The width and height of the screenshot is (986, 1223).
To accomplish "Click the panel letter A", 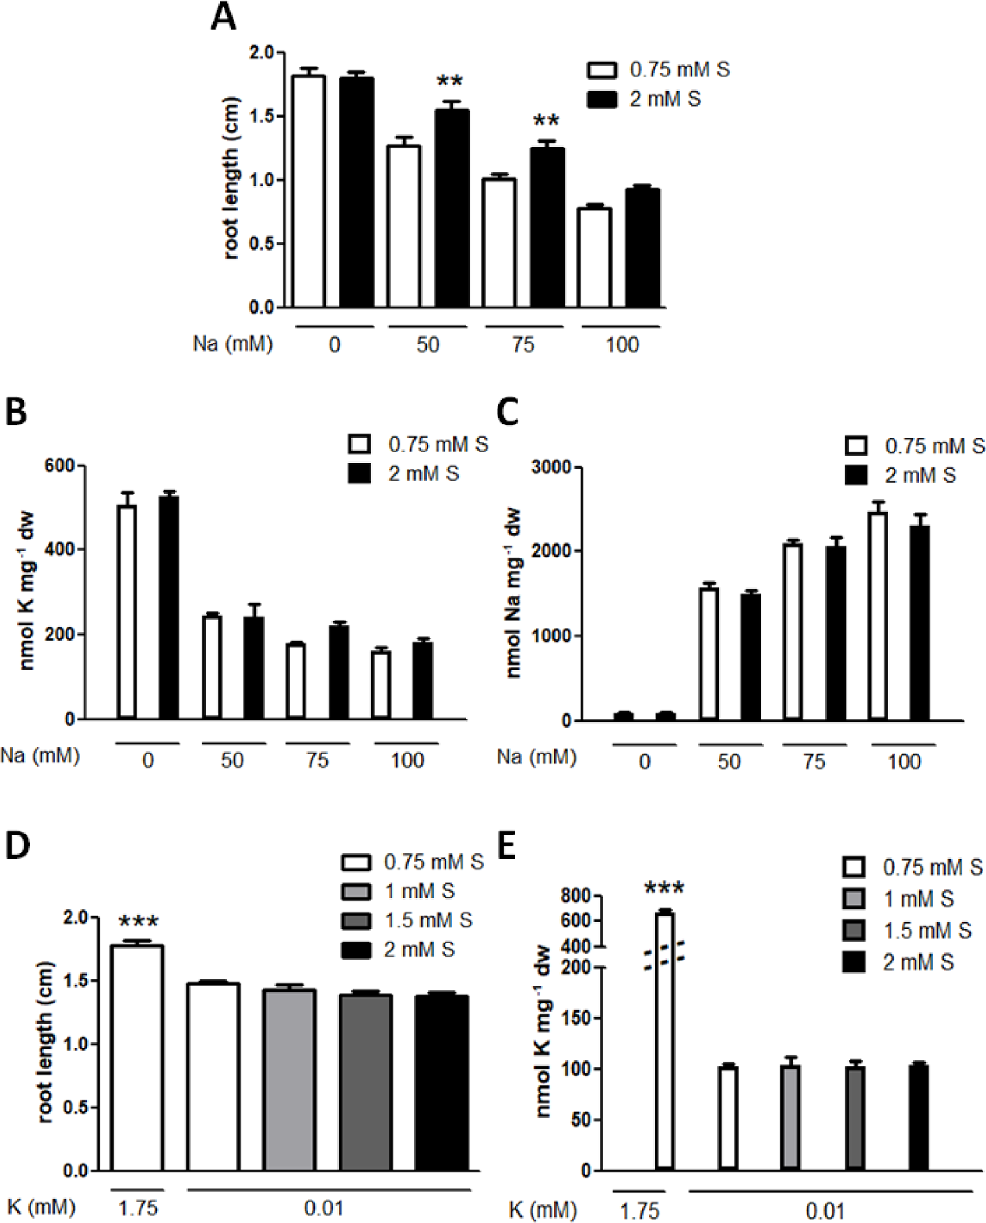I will click(223, 17).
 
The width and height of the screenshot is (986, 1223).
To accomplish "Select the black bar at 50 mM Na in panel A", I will click(452, 209).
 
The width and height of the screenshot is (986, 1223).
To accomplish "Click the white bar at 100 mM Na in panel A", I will click(594, 257).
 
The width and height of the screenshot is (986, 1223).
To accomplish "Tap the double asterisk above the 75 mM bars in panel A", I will click(547, 121).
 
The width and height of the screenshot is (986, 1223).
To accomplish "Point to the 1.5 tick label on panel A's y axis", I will click(261, 116).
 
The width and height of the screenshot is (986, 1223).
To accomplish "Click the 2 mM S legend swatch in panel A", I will click(602, 100).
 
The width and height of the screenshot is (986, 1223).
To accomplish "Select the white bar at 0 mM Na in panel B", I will click(127, 611).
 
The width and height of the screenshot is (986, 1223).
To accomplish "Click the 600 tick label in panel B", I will click(59, 465).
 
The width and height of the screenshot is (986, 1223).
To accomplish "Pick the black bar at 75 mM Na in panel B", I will click(339, 672).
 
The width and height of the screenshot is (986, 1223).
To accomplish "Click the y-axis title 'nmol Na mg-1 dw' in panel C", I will click(513, 593).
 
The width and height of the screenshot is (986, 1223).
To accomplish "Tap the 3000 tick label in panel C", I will click(551, 467).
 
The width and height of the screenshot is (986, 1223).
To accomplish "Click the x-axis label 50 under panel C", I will click(729, 762).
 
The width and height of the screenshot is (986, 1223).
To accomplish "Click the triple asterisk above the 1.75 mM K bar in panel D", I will click(139, 922).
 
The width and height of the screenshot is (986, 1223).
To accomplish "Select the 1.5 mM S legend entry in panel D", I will click(428, 920).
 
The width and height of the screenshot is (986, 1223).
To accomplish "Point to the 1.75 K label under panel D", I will click(138, 1208).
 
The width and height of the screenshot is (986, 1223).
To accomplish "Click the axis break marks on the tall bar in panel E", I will click(664, 952).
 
